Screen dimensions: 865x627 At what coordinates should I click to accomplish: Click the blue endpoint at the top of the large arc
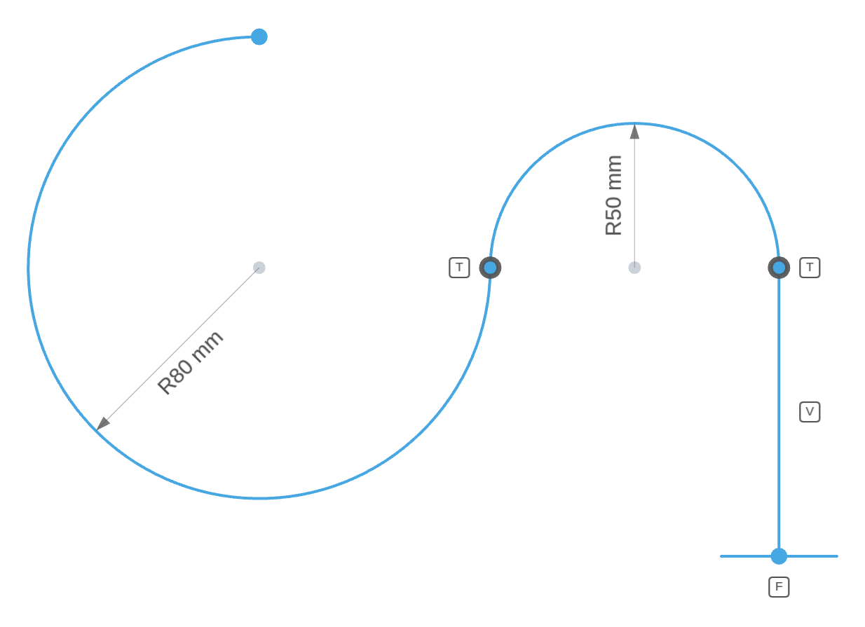tap(259, 36)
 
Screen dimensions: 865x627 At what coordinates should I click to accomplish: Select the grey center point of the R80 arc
tap(259, 268)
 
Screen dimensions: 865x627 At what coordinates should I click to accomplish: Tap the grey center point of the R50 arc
tap(634, 268)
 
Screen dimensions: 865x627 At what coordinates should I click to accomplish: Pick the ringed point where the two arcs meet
tap(490, 268)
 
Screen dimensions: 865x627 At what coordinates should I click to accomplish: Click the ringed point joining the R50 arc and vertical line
tap(779, 268)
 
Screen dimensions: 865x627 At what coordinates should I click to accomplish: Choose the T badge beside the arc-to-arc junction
tap(459, 268)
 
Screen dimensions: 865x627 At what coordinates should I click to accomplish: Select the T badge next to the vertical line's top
tap(810, 268)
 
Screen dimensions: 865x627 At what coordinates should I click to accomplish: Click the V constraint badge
tap(810, 412)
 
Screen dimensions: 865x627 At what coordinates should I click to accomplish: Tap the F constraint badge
tap(779, 587)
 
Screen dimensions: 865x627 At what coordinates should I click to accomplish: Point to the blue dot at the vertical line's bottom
tap(779, 556)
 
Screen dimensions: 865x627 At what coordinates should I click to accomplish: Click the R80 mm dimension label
tap(191, 363)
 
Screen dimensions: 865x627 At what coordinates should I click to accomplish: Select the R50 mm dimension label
tap(613, 195)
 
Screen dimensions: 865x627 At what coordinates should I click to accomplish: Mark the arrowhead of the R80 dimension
tap(102, 424)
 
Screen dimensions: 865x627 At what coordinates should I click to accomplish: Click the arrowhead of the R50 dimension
tap(634, 131)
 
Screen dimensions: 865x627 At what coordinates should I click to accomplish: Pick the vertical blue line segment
tap(779, 412)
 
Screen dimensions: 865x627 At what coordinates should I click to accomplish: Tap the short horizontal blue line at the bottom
tap(779, 556)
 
